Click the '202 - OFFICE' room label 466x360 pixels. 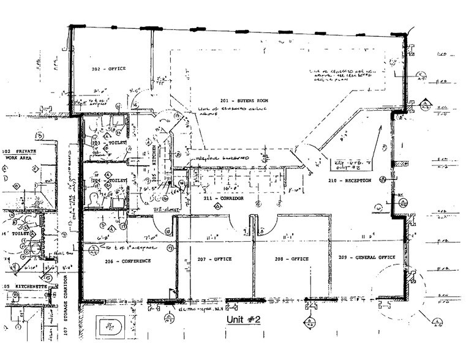click(108, 69)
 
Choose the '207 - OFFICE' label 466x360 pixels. click(214, 259)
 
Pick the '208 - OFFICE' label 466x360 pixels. click(291, 259)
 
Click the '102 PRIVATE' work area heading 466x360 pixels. click(20, 151)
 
